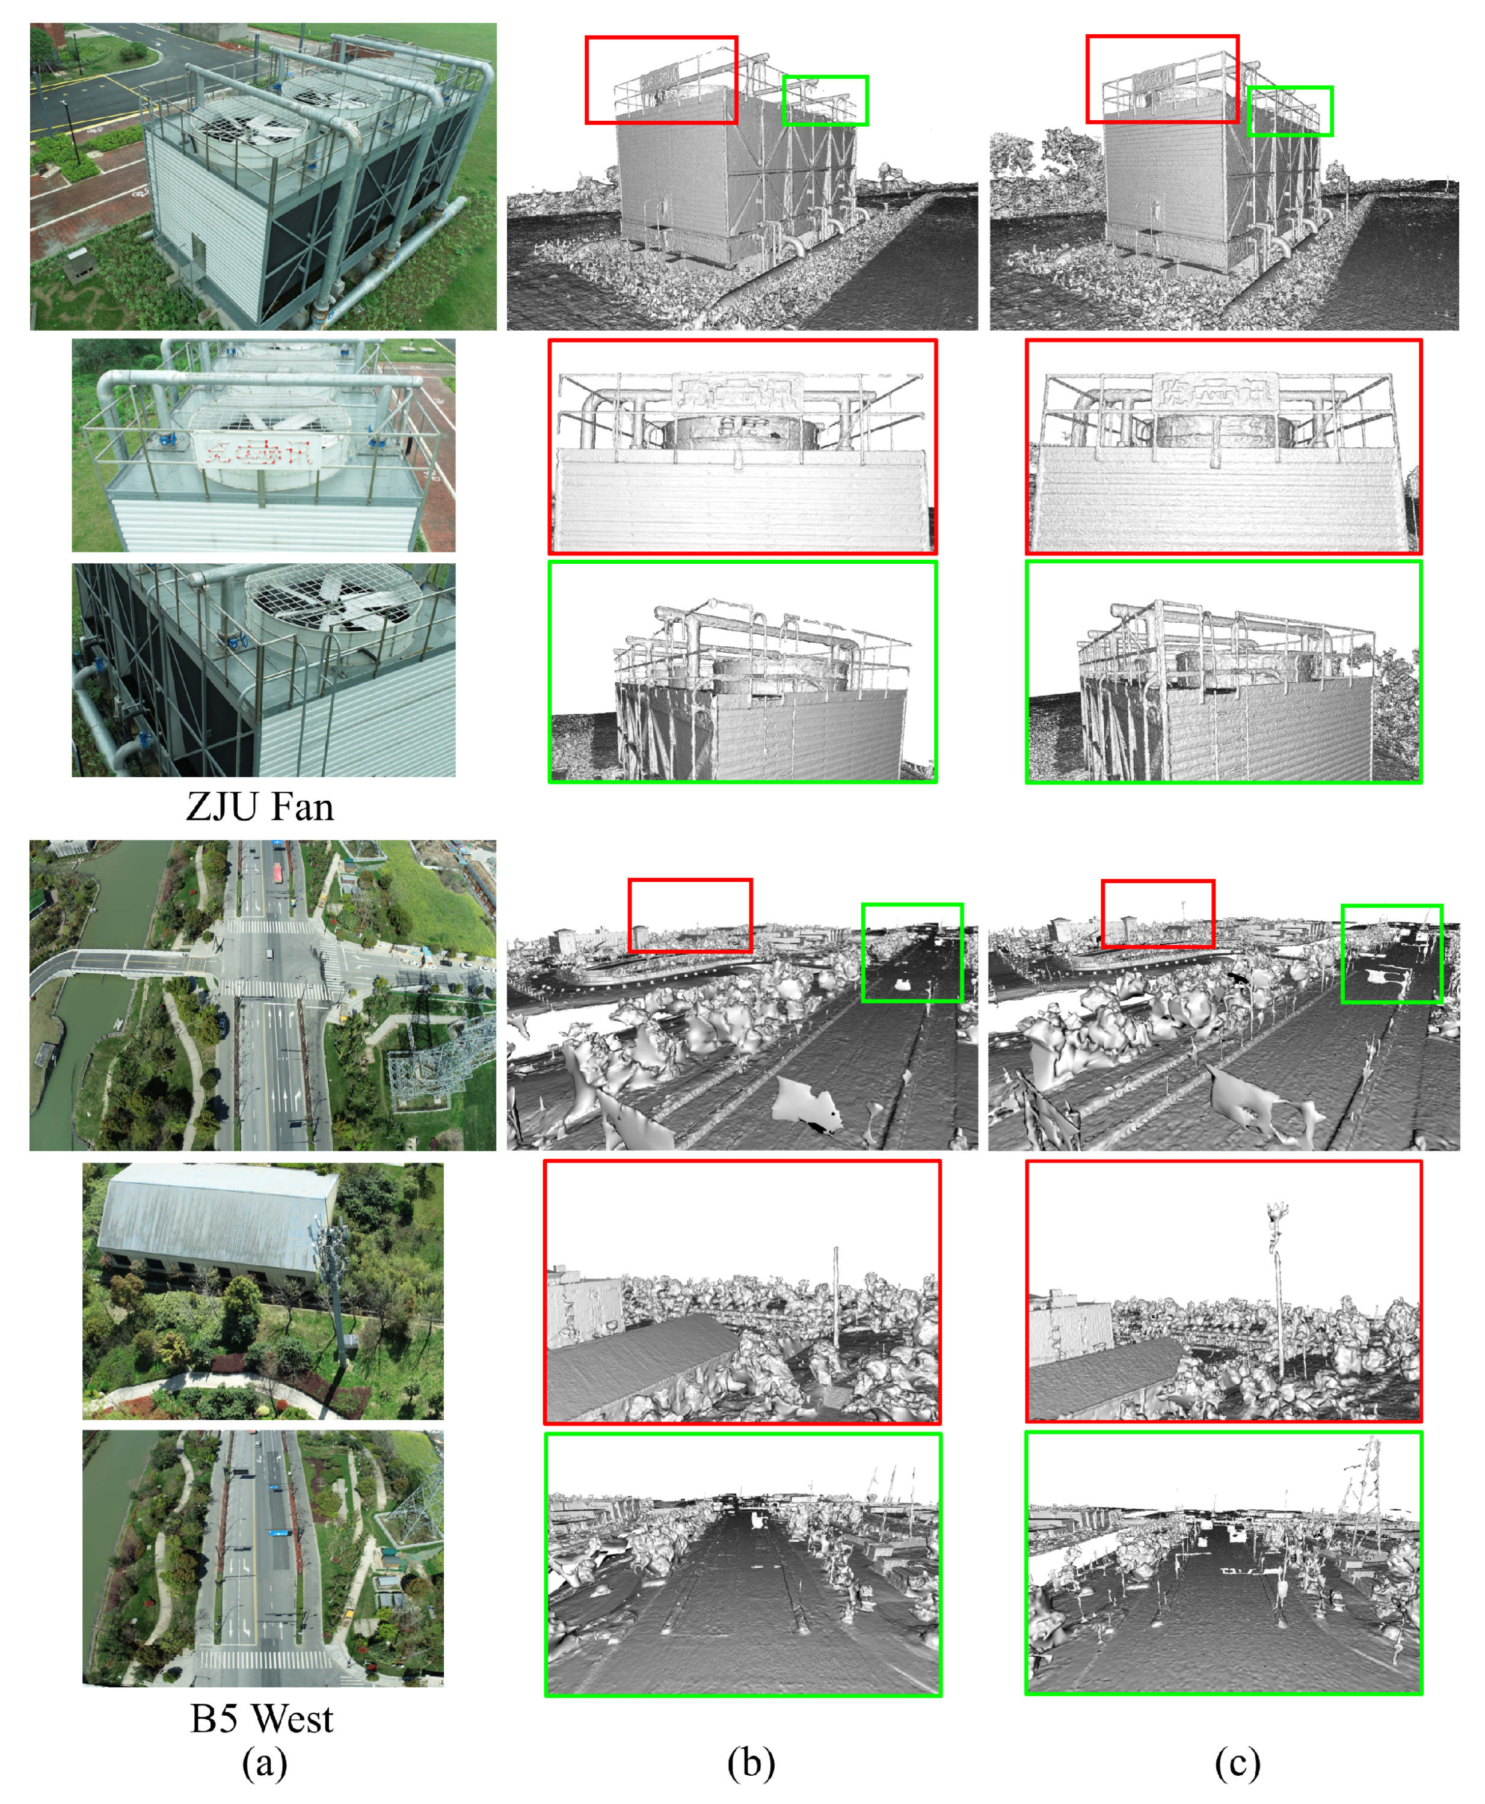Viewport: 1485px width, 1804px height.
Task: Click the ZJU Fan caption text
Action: (x=260, y=806)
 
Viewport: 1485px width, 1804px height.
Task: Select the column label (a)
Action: (x=264, y=1763)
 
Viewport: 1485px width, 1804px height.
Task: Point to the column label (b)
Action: (x=751, y=1763)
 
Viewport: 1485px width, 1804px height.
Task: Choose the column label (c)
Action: (x=1237, y=1763)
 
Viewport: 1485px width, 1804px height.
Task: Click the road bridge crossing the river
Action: (x=128, y=962)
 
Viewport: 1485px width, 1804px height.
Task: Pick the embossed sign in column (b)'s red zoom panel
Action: (x=737, y=391)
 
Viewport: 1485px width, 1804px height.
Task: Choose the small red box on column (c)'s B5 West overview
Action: (x=1157, y=913)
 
